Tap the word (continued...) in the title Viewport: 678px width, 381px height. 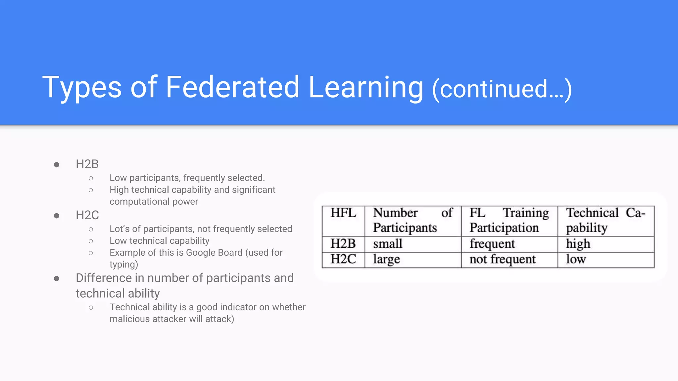click(502, 89)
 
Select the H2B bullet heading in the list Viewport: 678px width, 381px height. click(87, 164)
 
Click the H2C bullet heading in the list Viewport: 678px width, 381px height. click(87, 215)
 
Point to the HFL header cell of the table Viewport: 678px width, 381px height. click(343, 213)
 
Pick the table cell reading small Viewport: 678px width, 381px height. click(388, 244)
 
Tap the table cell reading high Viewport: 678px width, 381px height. click(578, 244)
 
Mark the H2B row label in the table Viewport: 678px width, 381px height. click(343, 244)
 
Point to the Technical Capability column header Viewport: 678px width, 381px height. click(605, 220)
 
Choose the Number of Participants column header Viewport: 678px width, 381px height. click(412, 220)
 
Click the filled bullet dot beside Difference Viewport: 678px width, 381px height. click(57, 279)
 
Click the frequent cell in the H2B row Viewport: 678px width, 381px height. click(492, 244)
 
